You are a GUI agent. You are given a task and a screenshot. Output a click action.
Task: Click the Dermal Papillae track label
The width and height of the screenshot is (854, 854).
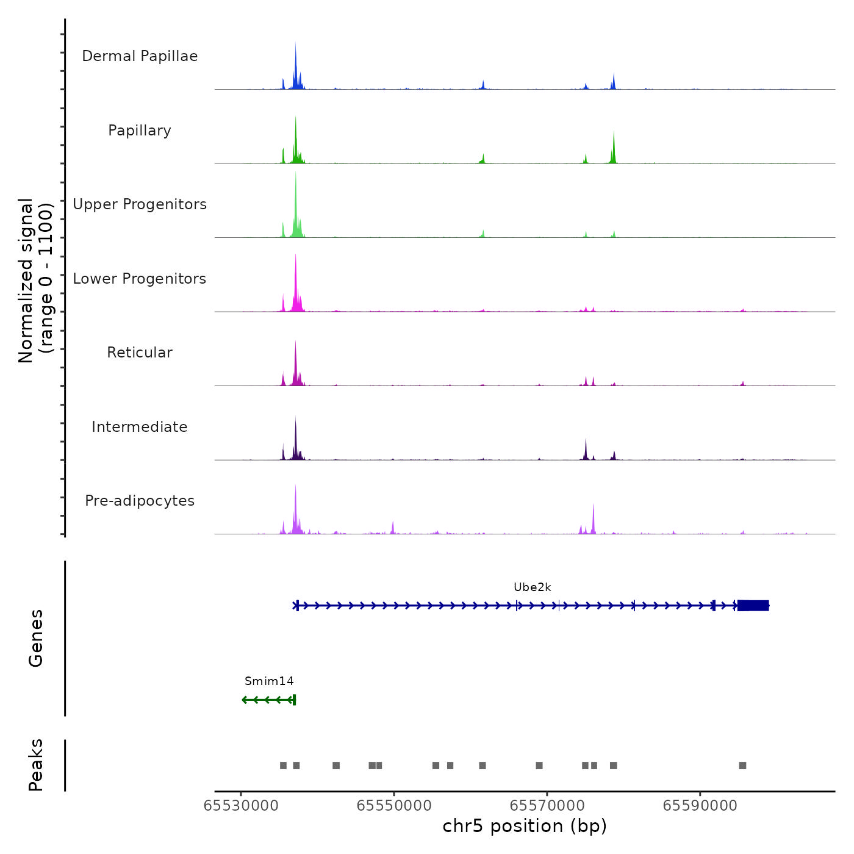(x=140, y=56)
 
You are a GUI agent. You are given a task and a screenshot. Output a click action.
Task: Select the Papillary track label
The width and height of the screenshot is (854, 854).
(x=140, y=131)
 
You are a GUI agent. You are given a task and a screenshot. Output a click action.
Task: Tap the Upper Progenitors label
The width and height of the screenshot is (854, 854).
(x=140, y=204)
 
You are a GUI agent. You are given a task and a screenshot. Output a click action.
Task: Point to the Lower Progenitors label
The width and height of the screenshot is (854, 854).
(x=140, y=279)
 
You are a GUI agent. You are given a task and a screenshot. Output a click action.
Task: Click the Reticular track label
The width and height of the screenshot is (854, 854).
(x=140, y=353)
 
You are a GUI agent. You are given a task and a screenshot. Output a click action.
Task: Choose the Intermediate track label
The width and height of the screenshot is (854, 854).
(x=140, y=427)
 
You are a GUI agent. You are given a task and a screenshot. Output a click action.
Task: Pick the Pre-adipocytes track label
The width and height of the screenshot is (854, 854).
(x=140, y=501)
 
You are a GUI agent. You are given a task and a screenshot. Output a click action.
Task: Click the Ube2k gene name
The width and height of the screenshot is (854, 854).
(x=532, y=587)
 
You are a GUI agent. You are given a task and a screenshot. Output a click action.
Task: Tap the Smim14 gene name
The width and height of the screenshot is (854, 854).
(x=269, y=681)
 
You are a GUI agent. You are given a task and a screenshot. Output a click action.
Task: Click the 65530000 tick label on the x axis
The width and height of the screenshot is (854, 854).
(x=241, y=806)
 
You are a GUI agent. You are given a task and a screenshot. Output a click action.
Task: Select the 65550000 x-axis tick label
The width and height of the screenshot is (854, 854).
(x=394, y=806)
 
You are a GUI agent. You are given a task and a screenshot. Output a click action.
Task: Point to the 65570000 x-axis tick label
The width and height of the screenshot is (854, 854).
(x=547, y=806)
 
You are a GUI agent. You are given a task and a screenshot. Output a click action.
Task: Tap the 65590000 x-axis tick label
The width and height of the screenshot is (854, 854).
(x=700, y=806)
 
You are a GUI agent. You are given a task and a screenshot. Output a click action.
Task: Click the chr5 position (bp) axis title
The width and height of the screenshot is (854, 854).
(x=525, y=826)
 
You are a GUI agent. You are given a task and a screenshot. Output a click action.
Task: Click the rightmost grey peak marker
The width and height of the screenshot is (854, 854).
(x=742, y=766)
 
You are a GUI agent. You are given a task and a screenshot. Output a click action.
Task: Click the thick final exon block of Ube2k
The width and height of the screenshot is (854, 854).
(x=753, y=606)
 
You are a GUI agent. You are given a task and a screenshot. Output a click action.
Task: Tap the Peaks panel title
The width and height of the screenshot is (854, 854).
(x=36, y=765)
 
